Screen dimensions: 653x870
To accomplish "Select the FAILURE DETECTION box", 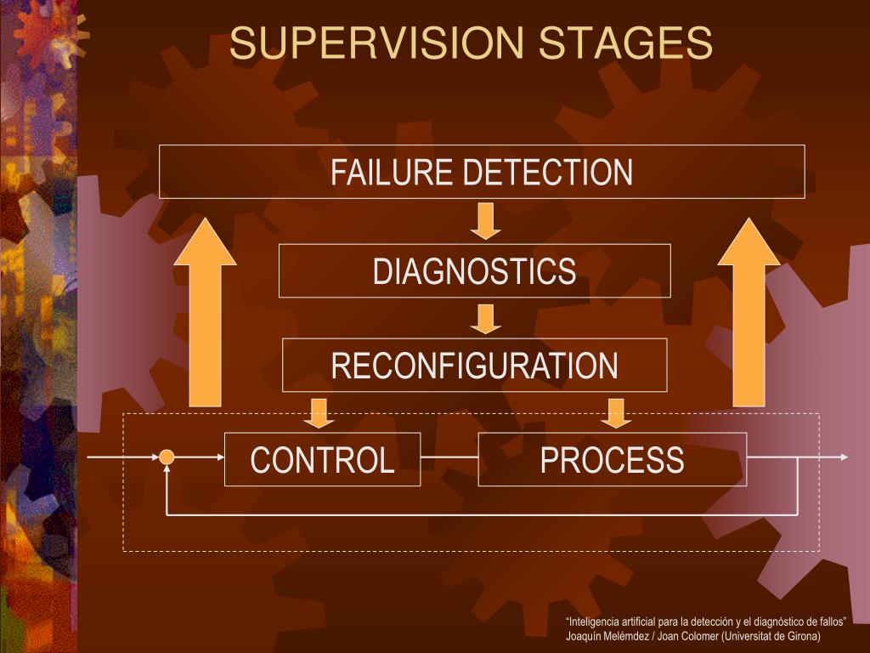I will click(x=482, y=172).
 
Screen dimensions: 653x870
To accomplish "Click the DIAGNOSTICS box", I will click(x=474, y=271).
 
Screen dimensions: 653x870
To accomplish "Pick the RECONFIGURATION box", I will click(x=474, y=366).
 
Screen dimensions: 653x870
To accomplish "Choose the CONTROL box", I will click(x=322, y=460).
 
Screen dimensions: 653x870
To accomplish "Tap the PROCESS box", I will click(x=612, y=460).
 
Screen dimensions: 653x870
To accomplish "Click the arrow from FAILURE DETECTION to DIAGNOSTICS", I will click(x=486, y=220).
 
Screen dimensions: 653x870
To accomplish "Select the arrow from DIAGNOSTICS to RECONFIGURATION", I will click(x=486, y=318).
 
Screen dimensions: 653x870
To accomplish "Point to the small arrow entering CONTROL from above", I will click(x=319, y=412).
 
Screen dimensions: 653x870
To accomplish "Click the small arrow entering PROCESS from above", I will click(x=616, y=412).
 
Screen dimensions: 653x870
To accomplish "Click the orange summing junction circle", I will click(x=167, y=457).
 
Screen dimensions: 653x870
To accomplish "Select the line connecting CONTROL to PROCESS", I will click(x=449, y=457).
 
